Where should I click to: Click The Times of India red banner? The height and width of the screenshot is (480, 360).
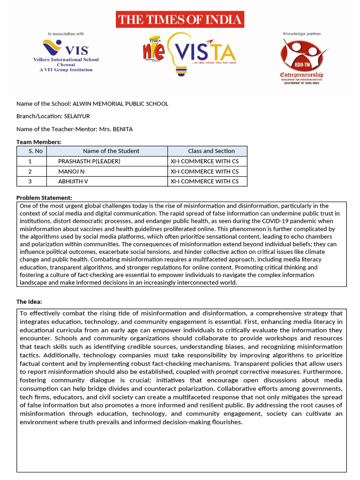[180, 20]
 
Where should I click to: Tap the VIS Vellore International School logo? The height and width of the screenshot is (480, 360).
[66, 54]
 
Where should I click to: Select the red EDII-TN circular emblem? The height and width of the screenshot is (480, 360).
[301, 55]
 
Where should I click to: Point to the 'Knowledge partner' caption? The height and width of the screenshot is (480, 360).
[301, 34]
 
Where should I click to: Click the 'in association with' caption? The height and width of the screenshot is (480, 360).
[66, 34]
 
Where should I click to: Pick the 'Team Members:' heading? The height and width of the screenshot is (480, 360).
[39, 142]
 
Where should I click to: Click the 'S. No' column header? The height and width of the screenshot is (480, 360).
[31, 151]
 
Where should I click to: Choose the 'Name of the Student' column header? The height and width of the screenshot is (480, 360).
[111, 151]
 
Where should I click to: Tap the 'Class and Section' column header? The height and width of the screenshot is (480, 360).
[211, 151]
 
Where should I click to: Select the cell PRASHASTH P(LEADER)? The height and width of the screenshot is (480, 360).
[89, 161]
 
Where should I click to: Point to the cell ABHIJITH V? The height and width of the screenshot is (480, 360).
[73, 181]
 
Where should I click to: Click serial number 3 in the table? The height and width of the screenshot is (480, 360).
[30, 181]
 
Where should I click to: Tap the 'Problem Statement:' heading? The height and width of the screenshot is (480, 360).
[44, 198]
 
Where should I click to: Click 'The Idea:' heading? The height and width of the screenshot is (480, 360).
[29, 301]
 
